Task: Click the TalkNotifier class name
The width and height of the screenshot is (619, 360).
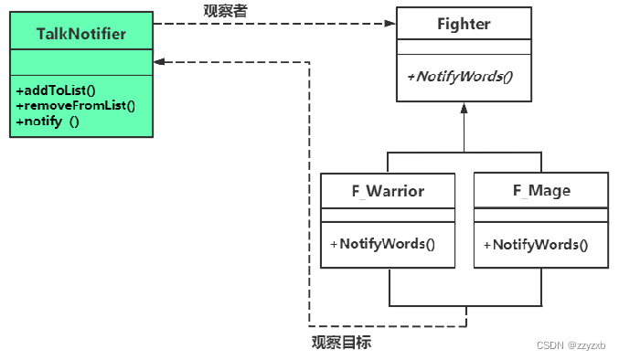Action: point(80,35)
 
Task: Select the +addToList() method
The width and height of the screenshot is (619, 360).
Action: point(57,90)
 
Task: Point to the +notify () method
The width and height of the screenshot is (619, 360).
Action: point(48,120)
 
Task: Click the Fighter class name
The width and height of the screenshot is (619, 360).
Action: point(464,24)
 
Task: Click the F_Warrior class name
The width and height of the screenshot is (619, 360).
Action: point(388,190)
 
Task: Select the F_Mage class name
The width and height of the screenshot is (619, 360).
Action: point(541,190)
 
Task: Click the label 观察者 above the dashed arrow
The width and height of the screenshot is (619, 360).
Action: point(225,10)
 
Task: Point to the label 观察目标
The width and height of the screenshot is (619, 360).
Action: point(341,343)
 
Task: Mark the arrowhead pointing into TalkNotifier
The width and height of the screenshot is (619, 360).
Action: point(160,62)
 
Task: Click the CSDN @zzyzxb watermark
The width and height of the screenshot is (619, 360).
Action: point(571,345)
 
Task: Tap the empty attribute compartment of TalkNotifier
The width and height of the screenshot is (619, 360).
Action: point(80,62)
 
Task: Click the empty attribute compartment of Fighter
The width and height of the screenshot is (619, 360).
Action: point(464,48)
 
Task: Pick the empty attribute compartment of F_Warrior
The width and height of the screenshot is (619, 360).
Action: point(388,215)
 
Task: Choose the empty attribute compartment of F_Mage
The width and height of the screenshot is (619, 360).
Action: point(541,215)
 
